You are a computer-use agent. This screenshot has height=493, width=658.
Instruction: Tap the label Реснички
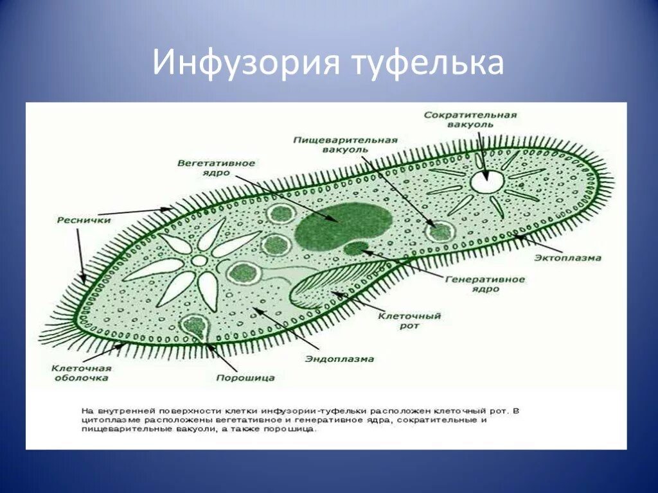(x=84, y=220)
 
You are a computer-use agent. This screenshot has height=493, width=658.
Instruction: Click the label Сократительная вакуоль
(x=470, y=119)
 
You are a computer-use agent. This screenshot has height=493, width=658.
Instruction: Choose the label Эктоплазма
(x=567, y=258)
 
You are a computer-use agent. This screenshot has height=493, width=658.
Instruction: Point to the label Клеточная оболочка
(x=82, y=373)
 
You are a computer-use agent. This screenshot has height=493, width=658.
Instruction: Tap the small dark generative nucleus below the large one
(x=355, y=248)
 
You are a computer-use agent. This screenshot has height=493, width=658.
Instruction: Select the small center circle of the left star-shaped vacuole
(x=200, y=261)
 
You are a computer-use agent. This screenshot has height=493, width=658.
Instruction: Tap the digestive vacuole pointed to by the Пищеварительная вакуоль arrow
(x=441, y=230)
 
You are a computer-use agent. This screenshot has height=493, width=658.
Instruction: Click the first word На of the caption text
(x=88, y=408)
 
